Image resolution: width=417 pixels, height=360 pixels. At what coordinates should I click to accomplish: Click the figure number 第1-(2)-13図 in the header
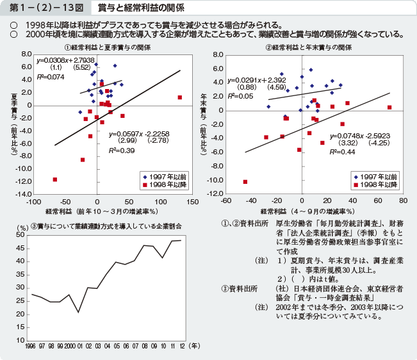pos(42,8)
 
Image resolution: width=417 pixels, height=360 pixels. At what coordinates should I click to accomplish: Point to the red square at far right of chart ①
pos(180,97)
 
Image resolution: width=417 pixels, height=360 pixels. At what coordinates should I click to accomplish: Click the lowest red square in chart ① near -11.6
pos(55,179)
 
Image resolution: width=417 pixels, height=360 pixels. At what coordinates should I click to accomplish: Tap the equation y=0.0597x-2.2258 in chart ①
pos(139,134)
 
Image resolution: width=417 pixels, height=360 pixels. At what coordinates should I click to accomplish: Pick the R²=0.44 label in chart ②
pos(343,152)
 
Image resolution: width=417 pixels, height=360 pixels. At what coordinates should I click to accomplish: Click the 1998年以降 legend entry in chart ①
pos(167,184)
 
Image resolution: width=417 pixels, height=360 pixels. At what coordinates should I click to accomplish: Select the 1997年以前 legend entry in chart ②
pos(379,176)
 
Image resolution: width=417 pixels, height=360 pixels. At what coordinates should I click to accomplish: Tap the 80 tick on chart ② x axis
pos(409,200)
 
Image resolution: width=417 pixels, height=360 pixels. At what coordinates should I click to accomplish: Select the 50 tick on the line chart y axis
pos(22,235)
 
